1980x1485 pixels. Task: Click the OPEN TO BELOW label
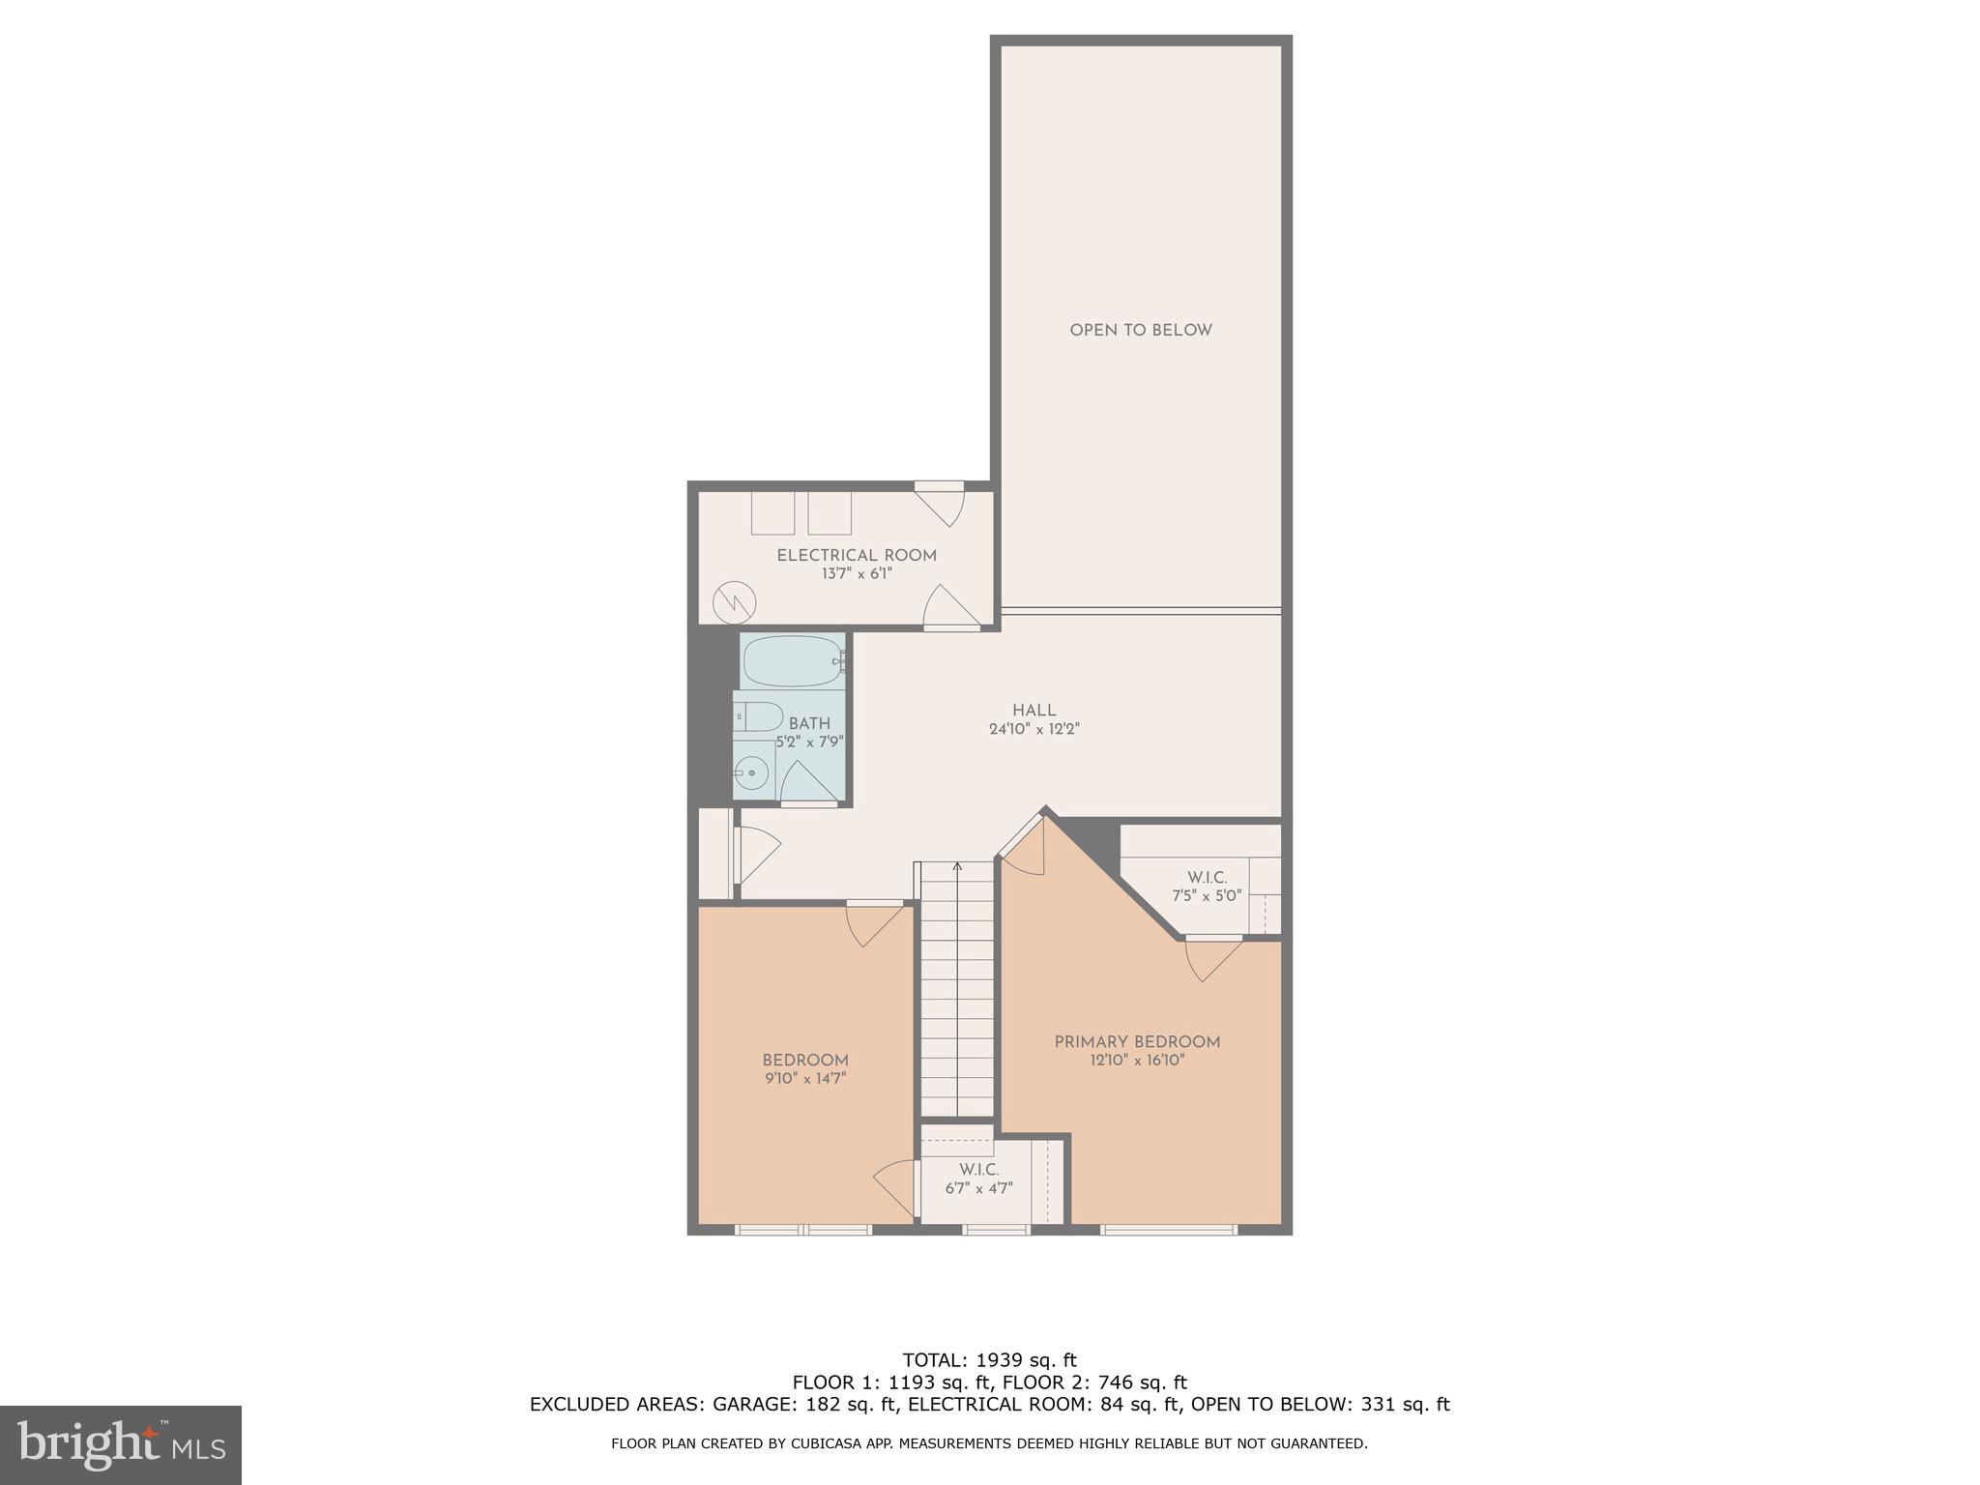click(1140, 331)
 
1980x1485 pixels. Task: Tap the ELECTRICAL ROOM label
click(857, 556)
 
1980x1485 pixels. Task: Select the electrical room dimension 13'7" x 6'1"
click(857, 574)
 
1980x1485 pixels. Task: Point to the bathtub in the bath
click(792, 661)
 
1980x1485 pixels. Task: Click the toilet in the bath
click(759, 717)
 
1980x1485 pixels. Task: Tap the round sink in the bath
click(750, 773)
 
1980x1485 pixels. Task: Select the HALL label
click(1034, 711)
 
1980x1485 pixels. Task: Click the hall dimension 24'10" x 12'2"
click(1034, 730)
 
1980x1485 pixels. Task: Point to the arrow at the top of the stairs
click(957, 866)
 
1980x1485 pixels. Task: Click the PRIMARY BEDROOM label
click(1137, 1042)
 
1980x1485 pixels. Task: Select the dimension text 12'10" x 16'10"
click(1137, 1061)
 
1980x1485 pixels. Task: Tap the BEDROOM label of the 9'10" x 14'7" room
click(805, 1061)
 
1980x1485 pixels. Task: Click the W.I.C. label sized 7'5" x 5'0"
click(1206, 878)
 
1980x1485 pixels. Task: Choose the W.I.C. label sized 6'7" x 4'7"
click(978, 1170)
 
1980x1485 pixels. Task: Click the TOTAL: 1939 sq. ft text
click(989, 1361)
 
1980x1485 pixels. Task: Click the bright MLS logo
click(120, 1444)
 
